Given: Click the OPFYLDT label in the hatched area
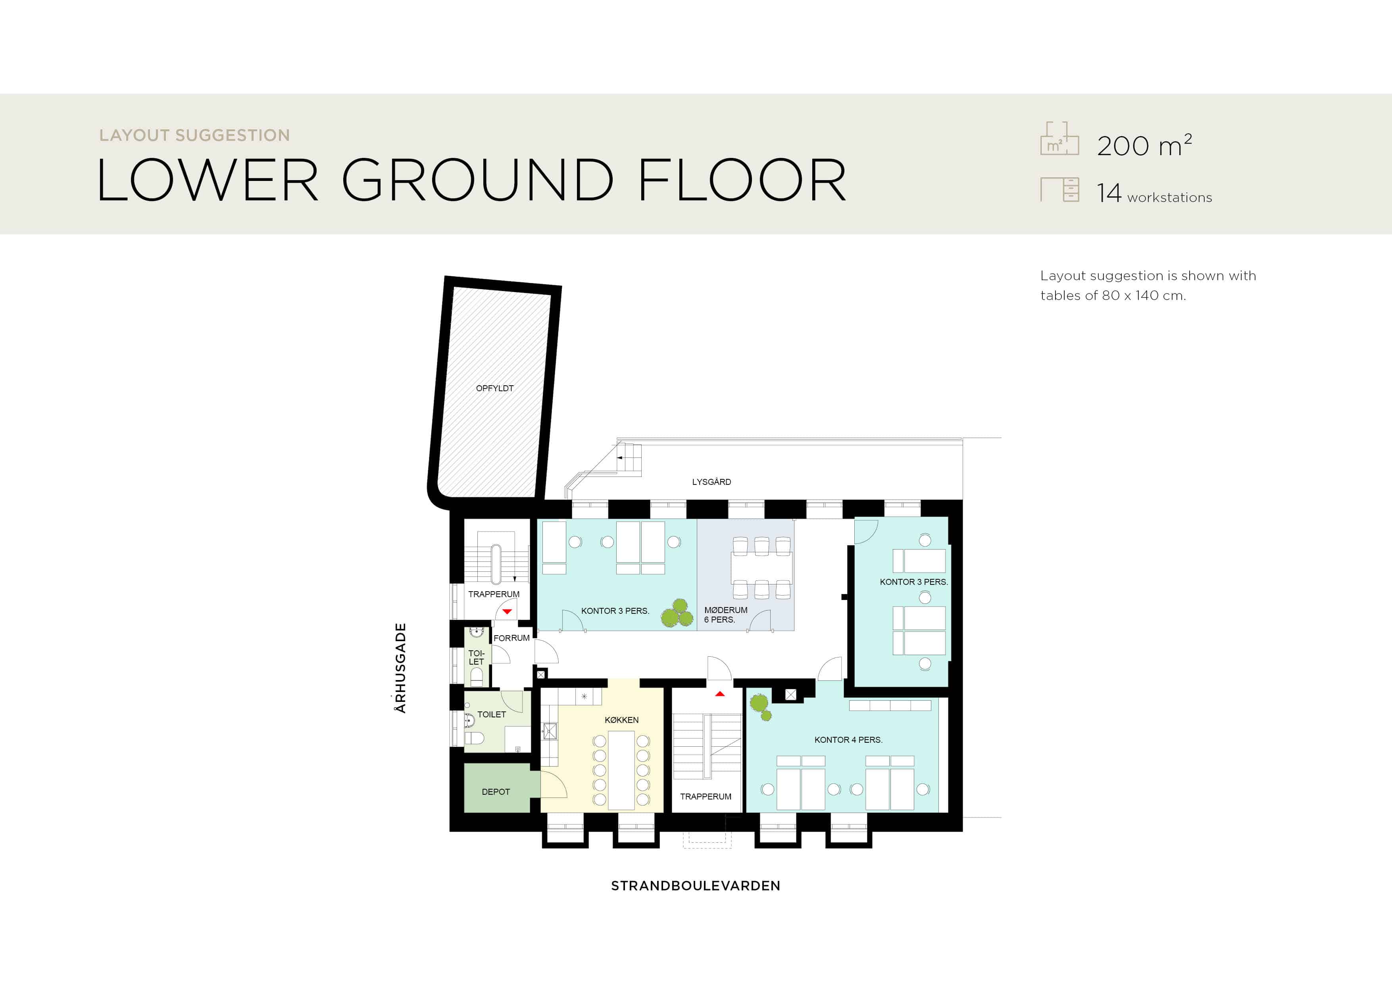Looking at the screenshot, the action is (x=495, y=388).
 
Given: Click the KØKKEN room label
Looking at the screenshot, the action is (x=621, y=720).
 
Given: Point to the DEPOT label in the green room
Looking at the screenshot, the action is (x=495, y=792).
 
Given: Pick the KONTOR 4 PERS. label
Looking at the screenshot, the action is (x=848, y=740).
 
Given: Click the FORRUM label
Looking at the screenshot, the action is (x=511, y=638).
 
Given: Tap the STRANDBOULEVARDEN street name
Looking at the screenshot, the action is (x=695, y=886).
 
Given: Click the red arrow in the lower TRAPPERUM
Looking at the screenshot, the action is (x=720, y=694).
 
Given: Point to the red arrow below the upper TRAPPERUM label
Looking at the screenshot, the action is (x=507, y=612).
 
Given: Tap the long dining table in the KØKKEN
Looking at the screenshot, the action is (x=621, y=770).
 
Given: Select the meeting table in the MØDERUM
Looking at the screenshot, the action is (x=761, y=567).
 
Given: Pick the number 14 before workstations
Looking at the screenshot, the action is (x=1109, y=193).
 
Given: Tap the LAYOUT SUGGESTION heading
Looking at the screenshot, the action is (x=194, y=135).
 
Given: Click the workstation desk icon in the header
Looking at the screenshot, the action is (x=1060, y=189).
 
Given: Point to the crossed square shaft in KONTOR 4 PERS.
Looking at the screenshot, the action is (x=790, y=695).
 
